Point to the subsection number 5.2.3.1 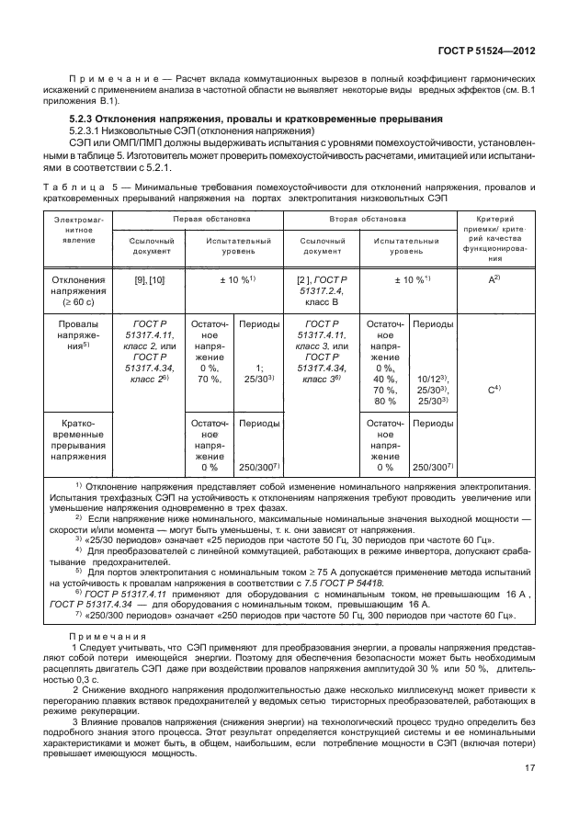click(89, 131)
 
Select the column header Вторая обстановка click(368, 220)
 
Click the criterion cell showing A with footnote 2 click(494, 278)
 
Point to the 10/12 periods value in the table click(432, 378)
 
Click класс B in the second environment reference click(323, 300)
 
